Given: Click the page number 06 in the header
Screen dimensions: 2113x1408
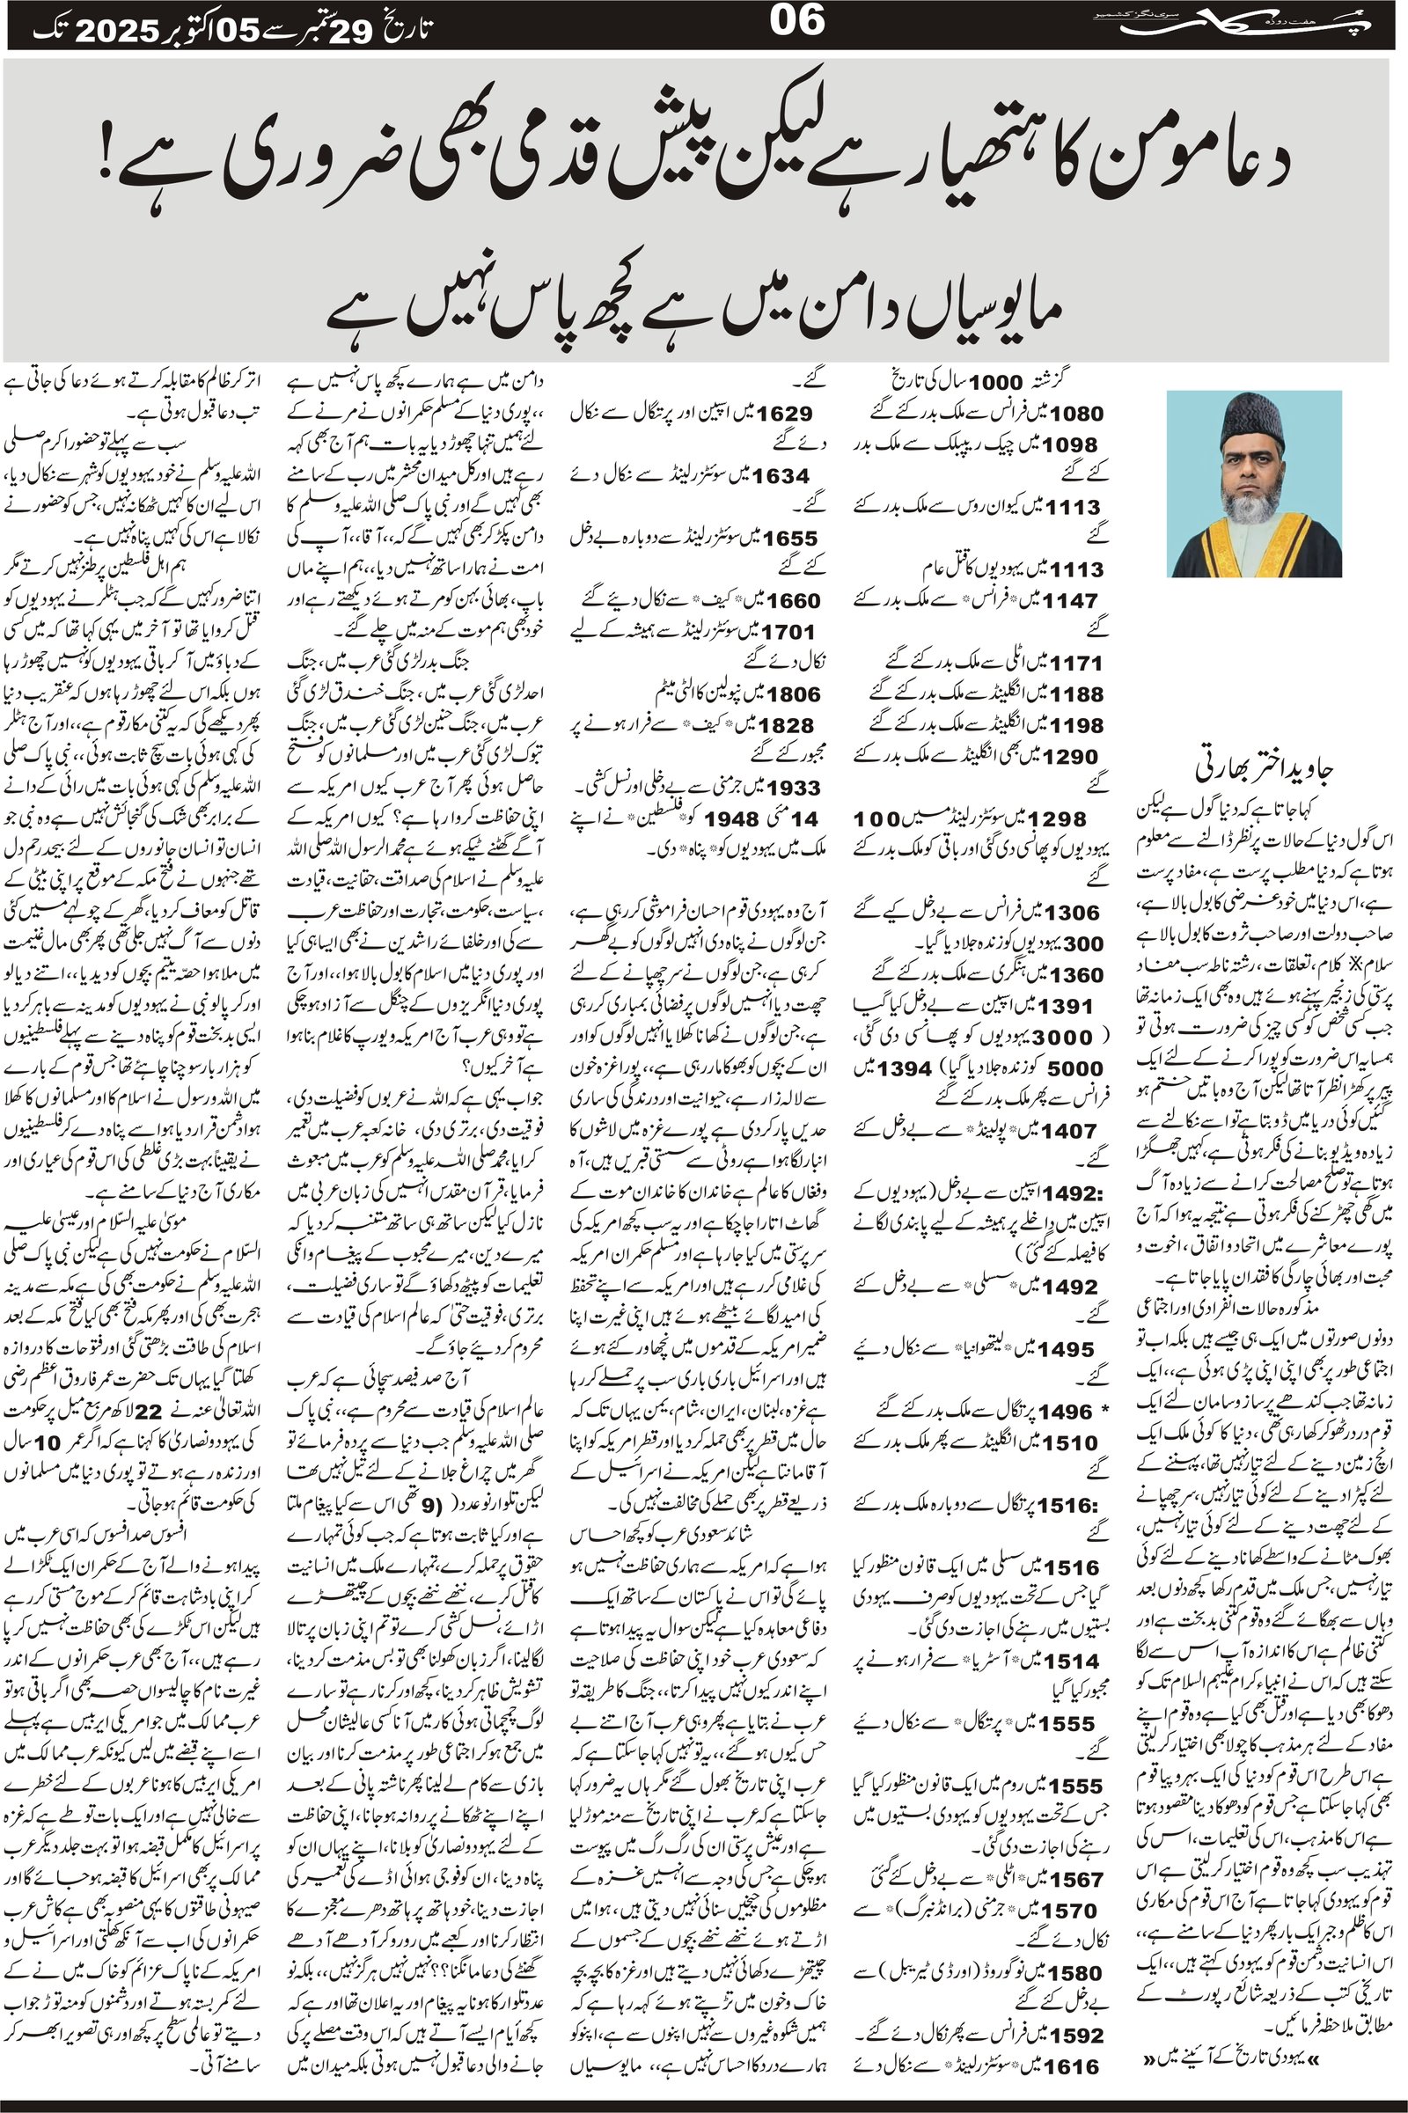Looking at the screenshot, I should click(796, 21).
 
